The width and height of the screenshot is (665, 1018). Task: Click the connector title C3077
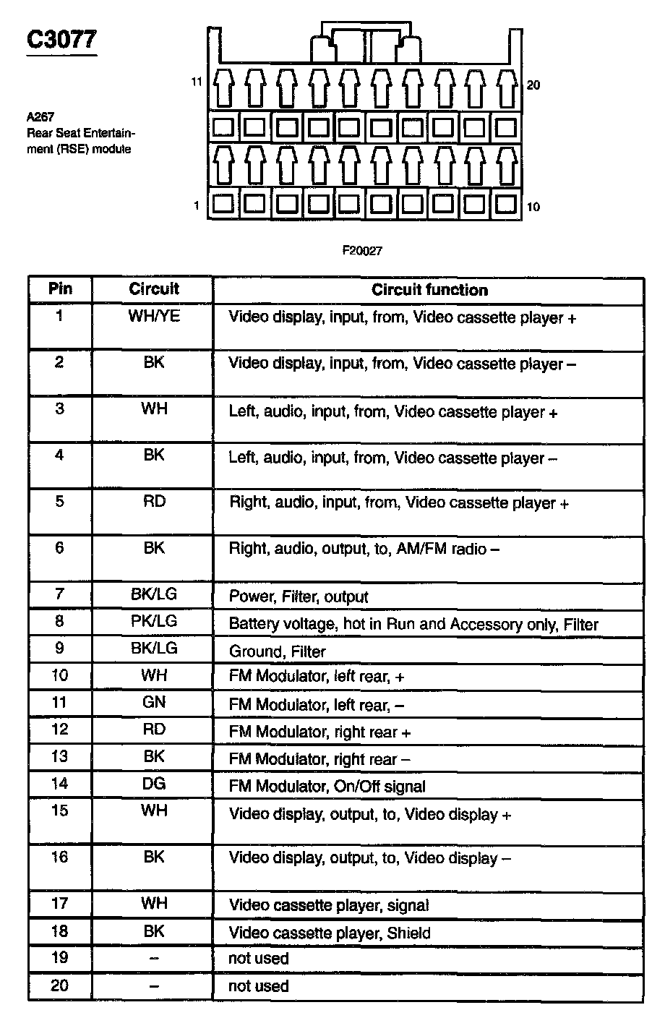(61, 39)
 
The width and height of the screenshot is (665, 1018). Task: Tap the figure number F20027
(362, 251)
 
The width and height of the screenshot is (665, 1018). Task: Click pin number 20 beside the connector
(533, 85)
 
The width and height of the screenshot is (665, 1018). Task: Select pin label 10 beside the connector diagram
(533, 207)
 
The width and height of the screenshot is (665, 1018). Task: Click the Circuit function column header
(429, 290)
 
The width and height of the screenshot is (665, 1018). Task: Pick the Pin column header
(60, 288)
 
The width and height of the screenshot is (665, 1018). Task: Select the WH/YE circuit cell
(153, 316)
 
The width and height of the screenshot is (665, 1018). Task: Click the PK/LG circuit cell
(153, 621)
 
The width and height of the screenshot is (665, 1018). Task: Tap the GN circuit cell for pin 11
(153, 702)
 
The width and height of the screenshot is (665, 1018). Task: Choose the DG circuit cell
(153, 783)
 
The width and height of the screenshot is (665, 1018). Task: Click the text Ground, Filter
(277, 651)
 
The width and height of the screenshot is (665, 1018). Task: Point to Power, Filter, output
(298, 596)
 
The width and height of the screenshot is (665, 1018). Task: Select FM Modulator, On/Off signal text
(327, 786)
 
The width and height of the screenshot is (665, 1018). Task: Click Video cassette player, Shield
(329, 933)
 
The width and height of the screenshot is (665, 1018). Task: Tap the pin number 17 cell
(60, 903)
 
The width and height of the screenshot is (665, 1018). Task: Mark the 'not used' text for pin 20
(258, 985)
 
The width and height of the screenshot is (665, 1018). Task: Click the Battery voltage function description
(413, 624)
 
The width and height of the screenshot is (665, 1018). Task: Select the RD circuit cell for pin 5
(153, 501)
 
